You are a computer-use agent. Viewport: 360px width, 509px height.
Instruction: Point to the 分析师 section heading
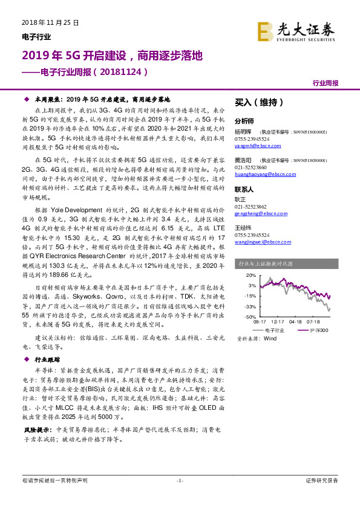coord(244,121)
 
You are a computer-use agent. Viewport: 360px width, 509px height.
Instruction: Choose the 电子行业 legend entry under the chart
coord(280,329)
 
